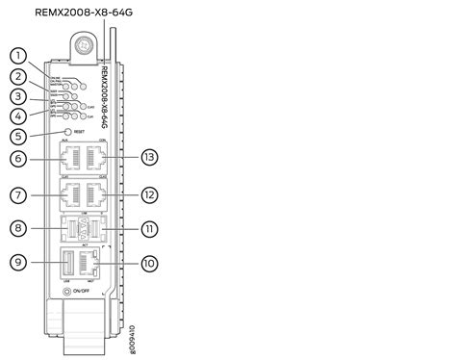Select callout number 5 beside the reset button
point(17,136)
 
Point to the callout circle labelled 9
point(17,262)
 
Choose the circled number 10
point(147,262)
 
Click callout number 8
point(17,228)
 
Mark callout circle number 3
point(17,96)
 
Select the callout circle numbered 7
point(17,194)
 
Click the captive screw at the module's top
point(87,44)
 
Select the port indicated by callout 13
point(95,157)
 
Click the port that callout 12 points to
point(95,194)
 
